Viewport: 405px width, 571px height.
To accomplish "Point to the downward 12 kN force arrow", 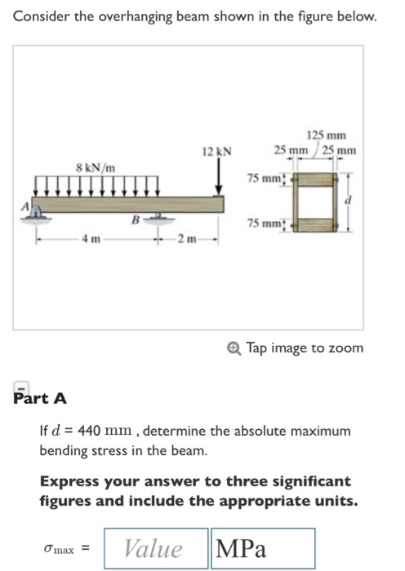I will [x=219, y=177].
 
